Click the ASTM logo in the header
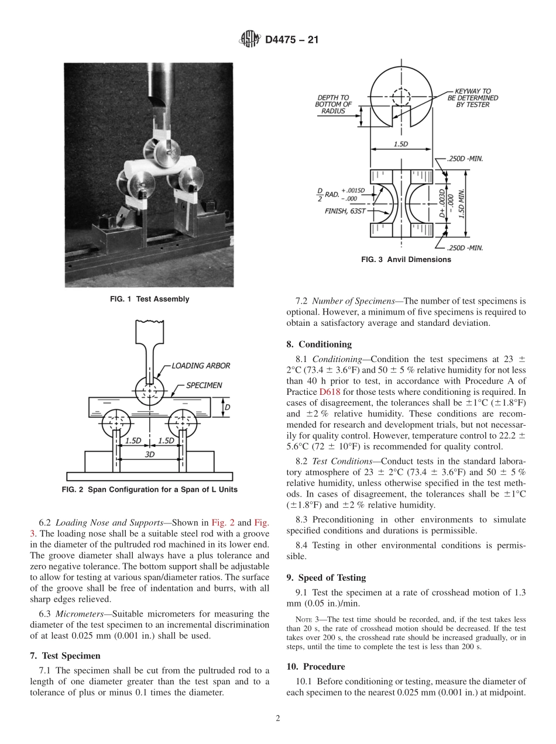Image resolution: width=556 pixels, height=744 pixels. point(250,40)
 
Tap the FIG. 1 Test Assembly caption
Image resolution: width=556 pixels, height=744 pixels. point(150,299)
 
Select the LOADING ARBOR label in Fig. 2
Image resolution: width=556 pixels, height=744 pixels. point(201,366)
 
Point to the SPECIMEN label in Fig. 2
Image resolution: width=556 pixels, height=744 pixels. point(204,385)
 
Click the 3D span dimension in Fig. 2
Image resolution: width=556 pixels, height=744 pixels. point(150,454)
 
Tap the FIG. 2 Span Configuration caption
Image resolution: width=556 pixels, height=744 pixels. point(150,490)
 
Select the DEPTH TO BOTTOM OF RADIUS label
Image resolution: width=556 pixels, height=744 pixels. point(334,104)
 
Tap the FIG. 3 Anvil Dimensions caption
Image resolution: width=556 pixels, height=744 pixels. point(406,260)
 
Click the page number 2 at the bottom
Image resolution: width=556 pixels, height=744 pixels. point(278,718)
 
